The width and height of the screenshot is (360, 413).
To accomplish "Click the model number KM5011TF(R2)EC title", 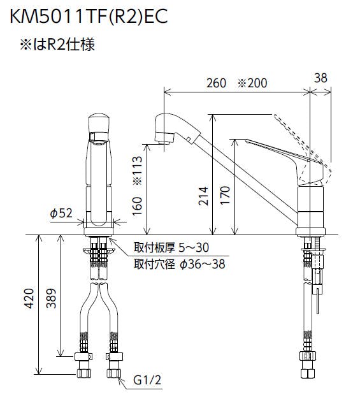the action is click(89, 17).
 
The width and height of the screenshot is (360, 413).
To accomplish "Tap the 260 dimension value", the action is click(216, 83).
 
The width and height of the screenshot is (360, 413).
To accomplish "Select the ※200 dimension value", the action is click(252, 83).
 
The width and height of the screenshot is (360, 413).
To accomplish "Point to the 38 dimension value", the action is click(320, 78).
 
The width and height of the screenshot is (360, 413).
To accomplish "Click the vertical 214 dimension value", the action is click(203, 196).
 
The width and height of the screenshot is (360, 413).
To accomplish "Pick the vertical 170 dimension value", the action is click(225, 195).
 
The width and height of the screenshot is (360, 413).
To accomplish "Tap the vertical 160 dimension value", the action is click(137, 206).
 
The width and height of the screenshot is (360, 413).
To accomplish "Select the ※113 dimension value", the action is click(137, 170).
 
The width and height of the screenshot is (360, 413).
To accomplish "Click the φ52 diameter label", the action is click(61, 213).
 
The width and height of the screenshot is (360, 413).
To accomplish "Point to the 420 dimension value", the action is click(29, 298).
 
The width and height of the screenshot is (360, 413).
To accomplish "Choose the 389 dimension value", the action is click(51, 298).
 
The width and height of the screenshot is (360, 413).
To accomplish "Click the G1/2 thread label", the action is click(147, 380).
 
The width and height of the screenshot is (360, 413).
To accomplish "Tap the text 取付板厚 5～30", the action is click(171, 247).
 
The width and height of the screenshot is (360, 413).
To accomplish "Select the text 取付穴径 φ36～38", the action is click(180, 264).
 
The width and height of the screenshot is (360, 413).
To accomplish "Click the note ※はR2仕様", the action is click(57, 44).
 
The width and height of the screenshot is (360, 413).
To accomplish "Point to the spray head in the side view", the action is click(177, 129).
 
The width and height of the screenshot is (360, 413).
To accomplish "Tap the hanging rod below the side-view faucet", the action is click(318, 300).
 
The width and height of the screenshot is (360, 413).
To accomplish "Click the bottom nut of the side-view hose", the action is click(308, 373).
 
